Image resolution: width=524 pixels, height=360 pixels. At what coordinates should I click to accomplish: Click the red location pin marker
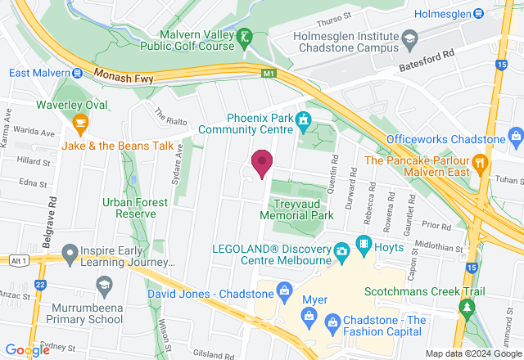[262, 163]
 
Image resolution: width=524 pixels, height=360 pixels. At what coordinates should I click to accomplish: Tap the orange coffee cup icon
[79, 124]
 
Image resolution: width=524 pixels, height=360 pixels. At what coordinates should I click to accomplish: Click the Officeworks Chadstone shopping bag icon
[515, 134]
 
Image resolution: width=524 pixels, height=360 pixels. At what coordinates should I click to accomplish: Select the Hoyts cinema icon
[363, 246]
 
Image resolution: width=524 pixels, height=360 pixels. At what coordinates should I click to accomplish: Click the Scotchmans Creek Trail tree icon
[468, 308]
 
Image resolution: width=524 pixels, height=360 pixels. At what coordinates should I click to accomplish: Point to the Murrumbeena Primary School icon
[104, 285]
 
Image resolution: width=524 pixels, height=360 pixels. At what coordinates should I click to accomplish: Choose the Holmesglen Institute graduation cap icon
[409, 37]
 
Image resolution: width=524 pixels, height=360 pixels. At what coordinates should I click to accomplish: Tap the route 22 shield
[40, 284]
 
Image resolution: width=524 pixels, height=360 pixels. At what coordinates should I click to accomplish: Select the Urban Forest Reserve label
[129, 208]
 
